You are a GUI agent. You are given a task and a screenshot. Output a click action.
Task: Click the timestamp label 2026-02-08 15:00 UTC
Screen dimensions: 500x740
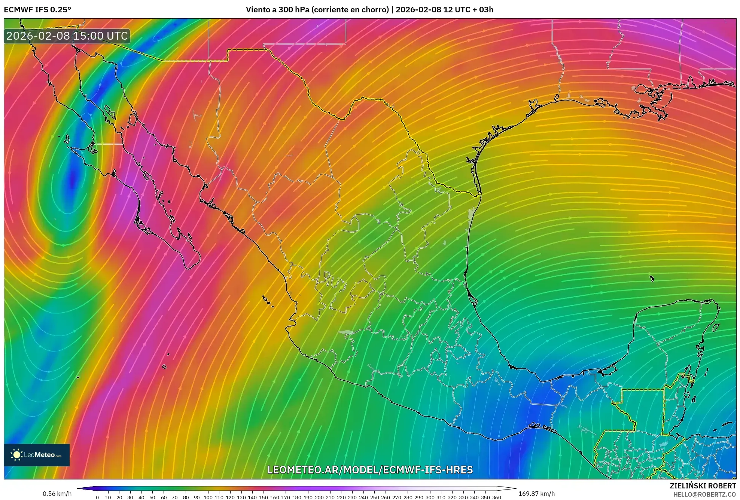(67, 36)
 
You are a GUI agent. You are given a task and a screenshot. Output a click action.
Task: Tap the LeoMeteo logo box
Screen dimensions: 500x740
(37, 455)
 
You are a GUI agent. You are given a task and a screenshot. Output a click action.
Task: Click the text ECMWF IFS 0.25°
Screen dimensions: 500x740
(37, 10)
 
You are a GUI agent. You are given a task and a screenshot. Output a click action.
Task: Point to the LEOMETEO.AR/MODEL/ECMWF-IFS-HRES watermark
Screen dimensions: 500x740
(370, 470)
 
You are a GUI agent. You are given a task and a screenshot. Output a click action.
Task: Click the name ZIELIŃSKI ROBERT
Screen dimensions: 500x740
(703, 486)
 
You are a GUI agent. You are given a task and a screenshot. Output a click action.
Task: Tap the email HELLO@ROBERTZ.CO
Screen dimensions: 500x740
(704, 494)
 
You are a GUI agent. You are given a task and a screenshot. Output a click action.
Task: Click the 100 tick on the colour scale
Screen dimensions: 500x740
(208, 497)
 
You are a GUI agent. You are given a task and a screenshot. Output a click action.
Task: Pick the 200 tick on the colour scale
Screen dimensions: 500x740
(319, 497)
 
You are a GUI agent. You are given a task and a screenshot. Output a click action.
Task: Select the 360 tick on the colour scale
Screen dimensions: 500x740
(496, 497)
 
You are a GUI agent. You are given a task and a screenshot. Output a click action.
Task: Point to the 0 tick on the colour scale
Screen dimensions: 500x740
(97, 497)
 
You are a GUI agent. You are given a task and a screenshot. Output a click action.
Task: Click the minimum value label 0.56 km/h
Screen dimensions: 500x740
(57, 494)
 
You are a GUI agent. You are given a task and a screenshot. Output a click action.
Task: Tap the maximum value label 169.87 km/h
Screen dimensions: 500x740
(536, 494)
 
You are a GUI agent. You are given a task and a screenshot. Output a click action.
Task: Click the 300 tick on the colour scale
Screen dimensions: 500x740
(430, 497)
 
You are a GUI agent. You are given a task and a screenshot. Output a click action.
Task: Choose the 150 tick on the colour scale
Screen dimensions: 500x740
(264, 497)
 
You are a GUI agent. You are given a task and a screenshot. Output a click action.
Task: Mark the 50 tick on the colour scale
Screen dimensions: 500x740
(152, 497)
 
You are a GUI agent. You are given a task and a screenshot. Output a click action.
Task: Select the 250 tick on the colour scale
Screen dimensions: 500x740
(374, 497)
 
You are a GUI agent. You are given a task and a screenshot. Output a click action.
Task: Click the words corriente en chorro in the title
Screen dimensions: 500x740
(349, 10)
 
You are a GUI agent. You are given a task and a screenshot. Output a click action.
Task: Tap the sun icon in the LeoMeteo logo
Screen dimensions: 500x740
(16, 455)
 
